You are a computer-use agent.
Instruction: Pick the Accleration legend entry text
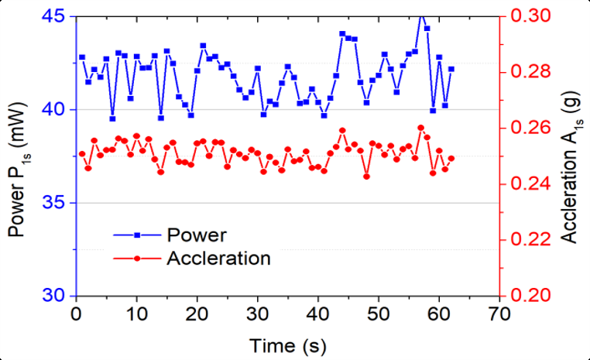218,259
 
